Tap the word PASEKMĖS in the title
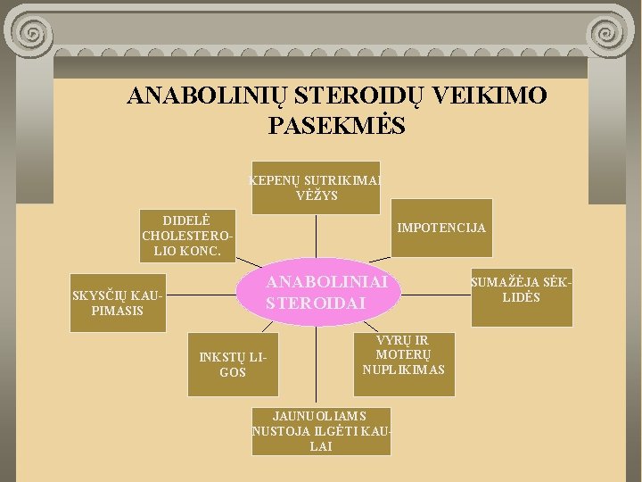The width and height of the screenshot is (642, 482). pos(336,126)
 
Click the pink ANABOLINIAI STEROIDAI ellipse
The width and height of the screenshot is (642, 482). pos(314,291)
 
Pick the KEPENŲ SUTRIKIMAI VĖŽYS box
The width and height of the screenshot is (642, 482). pos(316,187)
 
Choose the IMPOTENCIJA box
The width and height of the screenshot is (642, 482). pos(441,228)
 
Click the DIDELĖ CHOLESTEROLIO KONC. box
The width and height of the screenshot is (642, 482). pos(187,236)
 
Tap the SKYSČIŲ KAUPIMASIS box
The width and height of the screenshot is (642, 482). pos(118,303)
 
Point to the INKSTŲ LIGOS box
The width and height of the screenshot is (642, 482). pos(233,365)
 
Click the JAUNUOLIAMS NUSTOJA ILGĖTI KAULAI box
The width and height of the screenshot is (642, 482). pos(320,431)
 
